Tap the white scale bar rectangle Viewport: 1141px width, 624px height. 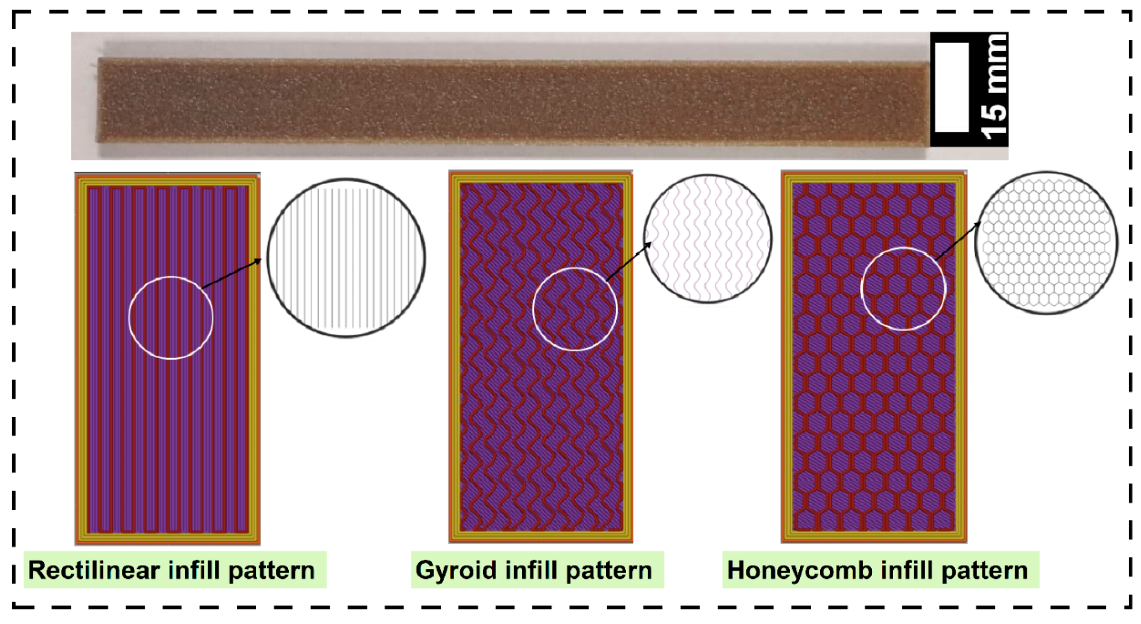952,87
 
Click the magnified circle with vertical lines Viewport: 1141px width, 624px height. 346,258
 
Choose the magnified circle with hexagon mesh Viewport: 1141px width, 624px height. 1046,243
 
